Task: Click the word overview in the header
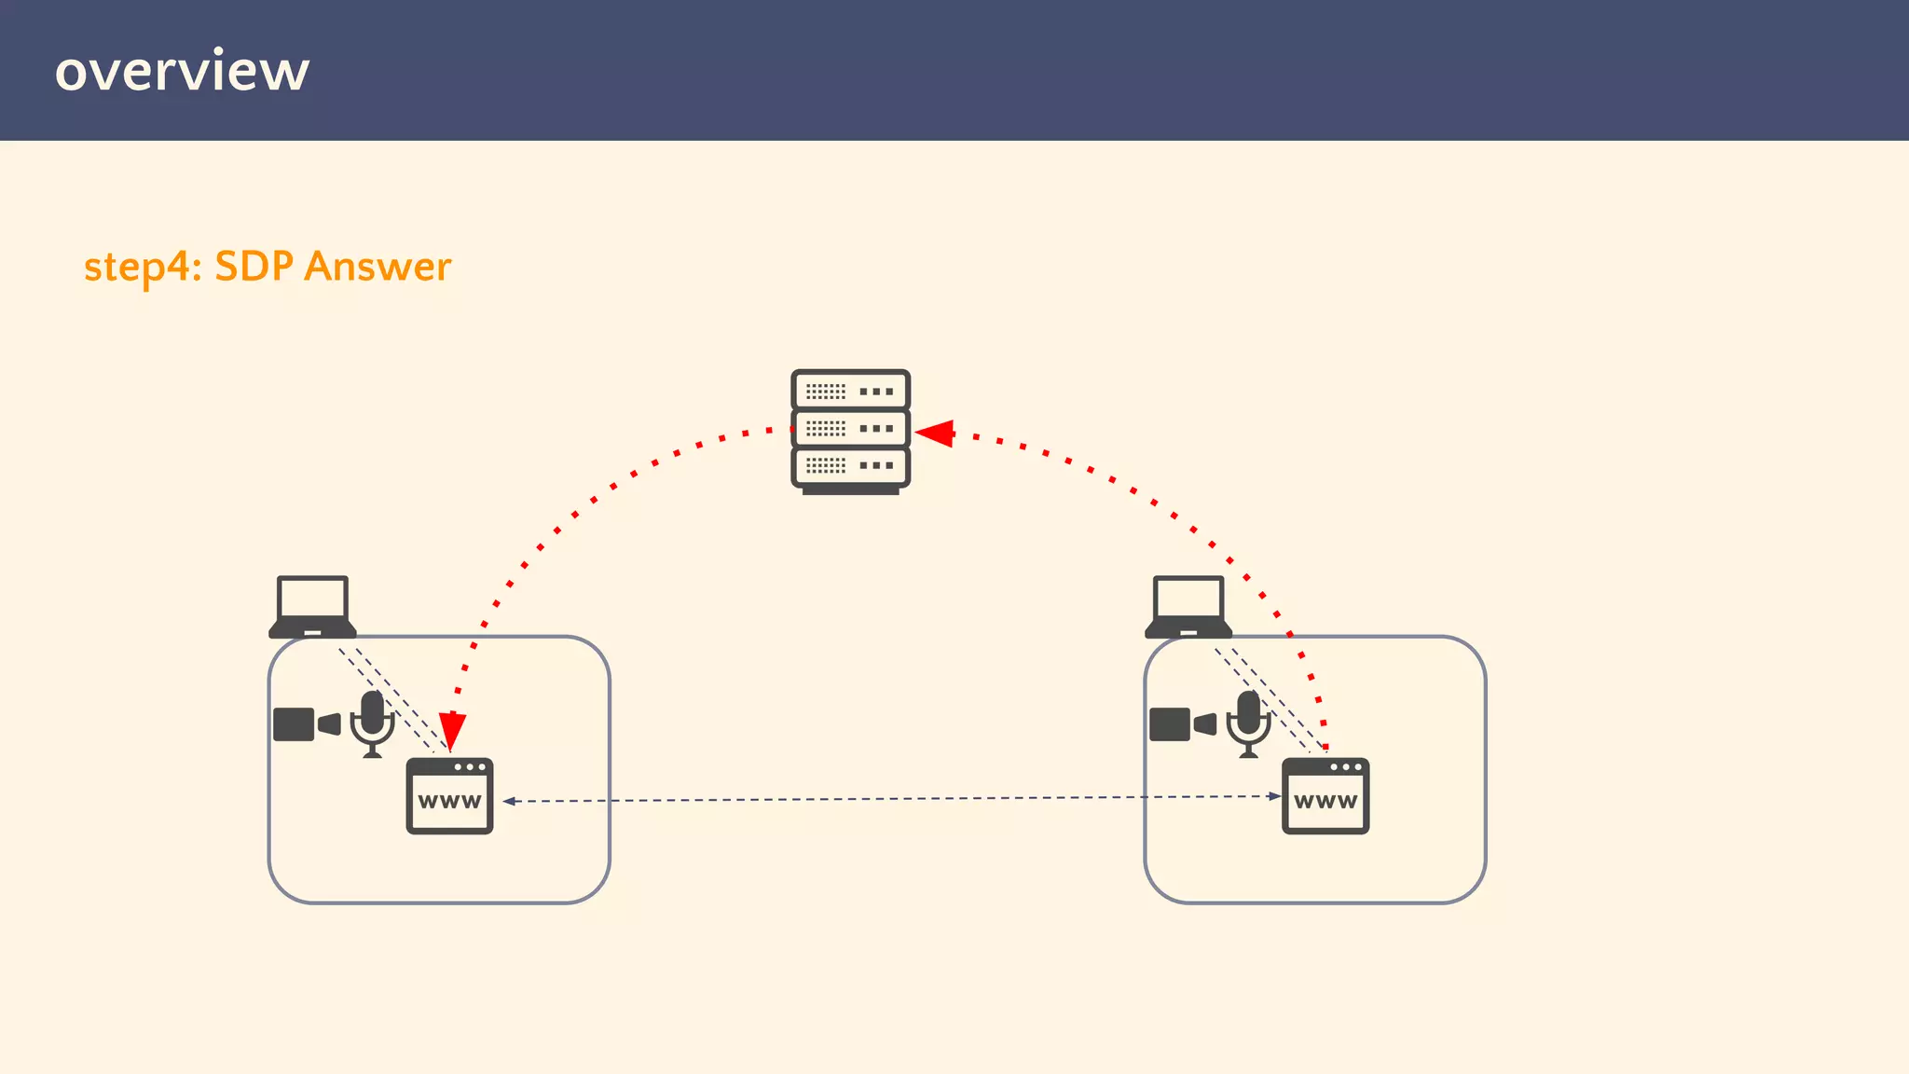182,71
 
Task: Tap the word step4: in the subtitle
143,267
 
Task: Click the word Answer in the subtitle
378,267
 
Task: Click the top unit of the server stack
850,391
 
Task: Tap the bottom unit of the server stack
850,465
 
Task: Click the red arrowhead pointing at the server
935,433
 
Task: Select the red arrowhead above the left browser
452,729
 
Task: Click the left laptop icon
312,606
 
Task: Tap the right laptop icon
1188,606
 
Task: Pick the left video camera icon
306,723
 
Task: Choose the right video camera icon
1182,723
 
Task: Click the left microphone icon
372,723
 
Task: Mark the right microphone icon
1248,723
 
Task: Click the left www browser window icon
449,796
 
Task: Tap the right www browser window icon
1325,796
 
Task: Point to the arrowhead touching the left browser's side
509,801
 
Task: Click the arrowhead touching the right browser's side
1274,796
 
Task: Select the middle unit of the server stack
850,428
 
